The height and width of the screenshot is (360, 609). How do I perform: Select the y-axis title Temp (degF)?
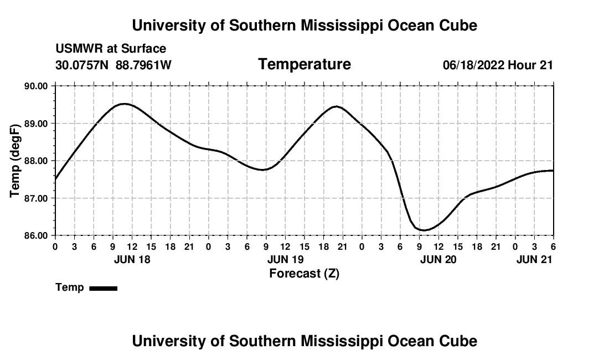(15, 161)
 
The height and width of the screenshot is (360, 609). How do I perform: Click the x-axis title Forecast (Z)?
(304, 273)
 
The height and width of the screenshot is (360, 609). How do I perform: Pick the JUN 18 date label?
(132, 259)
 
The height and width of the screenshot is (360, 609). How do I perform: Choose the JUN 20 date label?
(438, 259)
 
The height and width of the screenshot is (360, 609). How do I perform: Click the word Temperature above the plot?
(304, 64)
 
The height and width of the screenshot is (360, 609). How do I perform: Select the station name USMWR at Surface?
(111, 49)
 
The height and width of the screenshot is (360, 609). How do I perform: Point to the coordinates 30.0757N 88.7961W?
(113, 65)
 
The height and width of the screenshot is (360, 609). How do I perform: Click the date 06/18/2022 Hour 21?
(498, 65)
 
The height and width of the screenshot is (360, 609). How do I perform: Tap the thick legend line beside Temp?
(103, 288)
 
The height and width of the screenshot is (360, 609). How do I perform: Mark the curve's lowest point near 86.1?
(424, 230)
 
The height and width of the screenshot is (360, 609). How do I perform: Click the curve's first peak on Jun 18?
(124, 104)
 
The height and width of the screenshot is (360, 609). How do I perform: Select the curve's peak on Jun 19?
(336, 106)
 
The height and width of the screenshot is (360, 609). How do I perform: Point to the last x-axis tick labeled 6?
(553, 246)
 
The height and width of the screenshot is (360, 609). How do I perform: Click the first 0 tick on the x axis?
(55, 246)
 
